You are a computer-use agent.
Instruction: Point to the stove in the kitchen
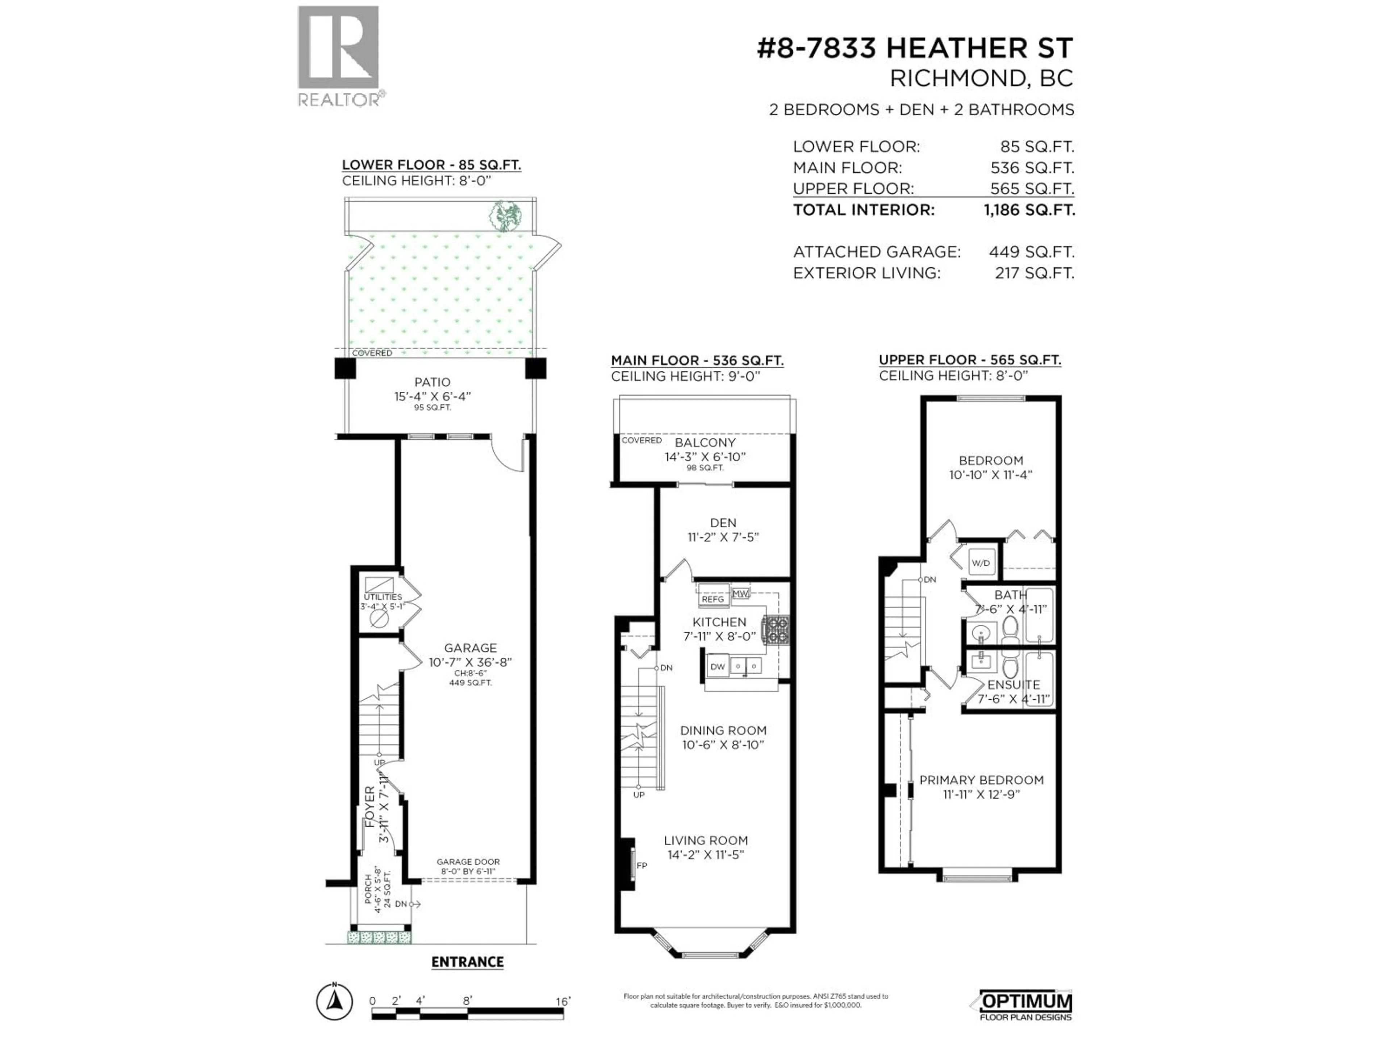[x=775, y=631]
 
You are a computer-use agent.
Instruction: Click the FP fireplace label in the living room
[x=642, y=865]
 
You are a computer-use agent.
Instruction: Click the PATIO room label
[x=432, y=382]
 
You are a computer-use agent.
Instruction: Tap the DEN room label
[x=723, y=523]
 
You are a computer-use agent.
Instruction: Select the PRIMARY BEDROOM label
[x=981, y=780]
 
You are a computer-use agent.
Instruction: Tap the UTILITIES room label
[x=382, y=596]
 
